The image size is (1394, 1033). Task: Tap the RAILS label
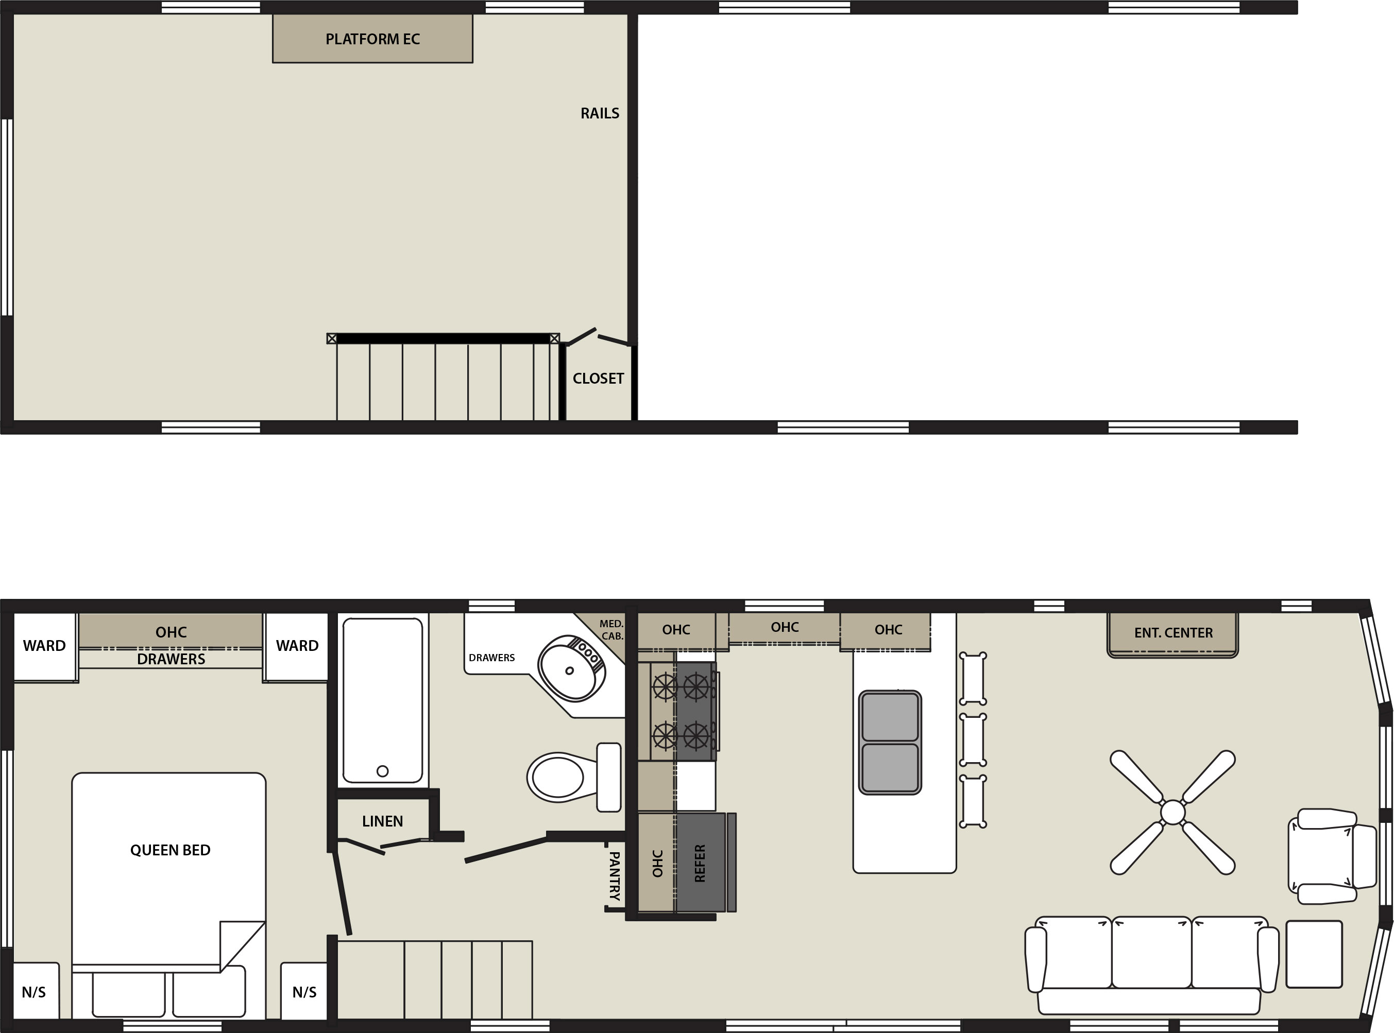point(600,113)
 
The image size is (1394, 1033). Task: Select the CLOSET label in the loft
point(599,378)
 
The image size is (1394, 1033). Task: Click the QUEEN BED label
point(170,850)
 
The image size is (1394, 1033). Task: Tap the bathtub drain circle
point(383,771)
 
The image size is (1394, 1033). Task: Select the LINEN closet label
point(382,821)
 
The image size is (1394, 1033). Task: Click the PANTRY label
point(615,875)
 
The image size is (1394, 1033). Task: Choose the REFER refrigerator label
point(700,864)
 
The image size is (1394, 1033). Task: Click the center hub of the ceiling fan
point(1172,812)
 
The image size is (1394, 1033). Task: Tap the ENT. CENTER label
point(1173,633)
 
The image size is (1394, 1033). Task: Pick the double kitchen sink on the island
point(890,742)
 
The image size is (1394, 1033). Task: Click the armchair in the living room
point(1332,856)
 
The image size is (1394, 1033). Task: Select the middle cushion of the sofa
point(1151,952)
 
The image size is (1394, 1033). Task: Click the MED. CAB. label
point(611,630)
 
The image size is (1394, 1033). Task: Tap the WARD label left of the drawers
point(44,645)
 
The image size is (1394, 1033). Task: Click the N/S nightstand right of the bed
point(304,992)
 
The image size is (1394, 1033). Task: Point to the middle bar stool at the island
point(973,739)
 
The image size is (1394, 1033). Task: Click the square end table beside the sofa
point(1314,954)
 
